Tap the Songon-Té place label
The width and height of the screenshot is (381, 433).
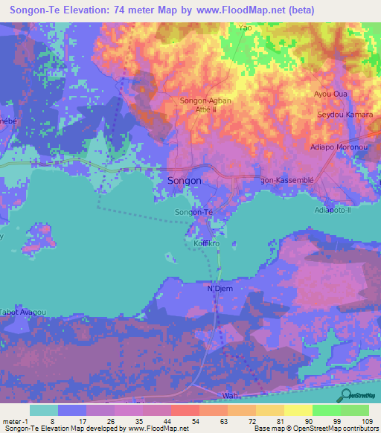tap(193, 214)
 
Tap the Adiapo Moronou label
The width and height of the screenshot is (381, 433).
tap(340, 148)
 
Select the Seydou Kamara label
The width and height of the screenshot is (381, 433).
tap(344, 115)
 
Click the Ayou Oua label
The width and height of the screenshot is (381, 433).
tap(331, 94)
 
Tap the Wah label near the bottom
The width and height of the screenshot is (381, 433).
tap(229, 396)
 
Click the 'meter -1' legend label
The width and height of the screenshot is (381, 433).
tap(16, 421)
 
